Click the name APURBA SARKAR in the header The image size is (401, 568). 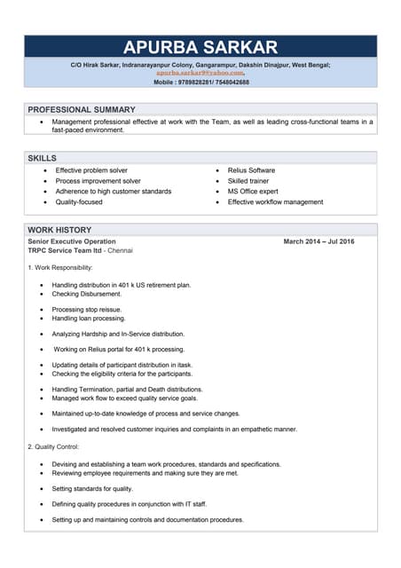coord(200,47)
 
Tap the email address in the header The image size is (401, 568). coord(200,73)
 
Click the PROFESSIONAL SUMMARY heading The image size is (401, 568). coord(82,109)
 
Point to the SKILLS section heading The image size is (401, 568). coord(43,157)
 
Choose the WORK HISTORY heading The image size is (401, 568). coord(60,230)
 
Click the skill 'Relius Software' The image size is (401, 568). coord(251,170)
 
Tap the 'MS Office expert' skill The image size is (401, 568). coord(253,192)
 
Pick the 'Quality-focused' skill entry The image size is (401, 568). coord(79,202)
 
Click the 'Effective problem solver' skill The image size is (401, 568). coord(91,170)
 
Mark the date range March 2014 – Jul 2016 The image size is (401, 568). coord(318,241)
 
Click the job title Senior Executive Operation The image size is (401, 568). coord(72,241)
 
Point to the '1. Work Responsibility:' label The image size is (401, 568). coord(59,268)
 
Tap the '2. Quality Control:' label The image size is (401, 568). coord(53,446)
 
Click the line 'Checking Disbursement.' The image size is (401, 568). coord(86,294)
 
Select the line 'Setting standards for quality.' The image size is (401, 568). coord(92,489)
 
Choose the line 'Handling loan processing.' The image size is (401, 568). coord(89,318)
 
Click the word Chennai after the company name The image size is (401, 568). coord(120,251)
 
